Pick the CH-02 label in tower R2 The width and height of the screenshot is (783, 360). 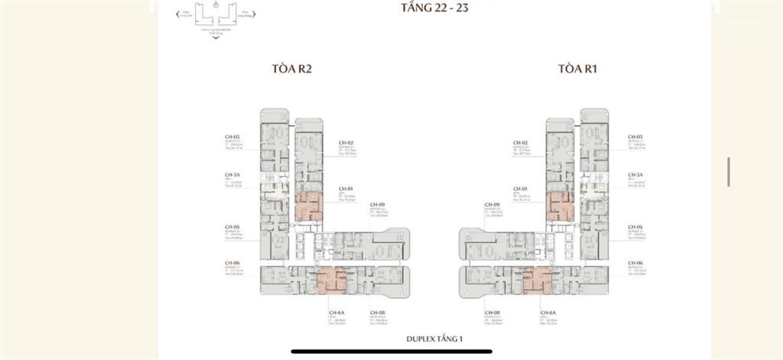tap(346, 143)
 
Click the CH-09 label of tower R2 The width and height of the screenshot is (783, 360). tap(377, 205)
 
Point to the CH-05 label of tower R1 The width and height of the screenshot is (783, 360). tap(635, 228)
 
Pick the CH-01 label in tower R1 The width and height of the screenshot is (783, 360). tap(521, 188)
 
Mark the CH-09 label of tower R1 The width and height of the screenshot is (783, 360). tap(492, 205)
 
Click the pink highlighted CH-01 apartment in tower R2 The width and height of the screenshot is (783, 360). tap(310, 207)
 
